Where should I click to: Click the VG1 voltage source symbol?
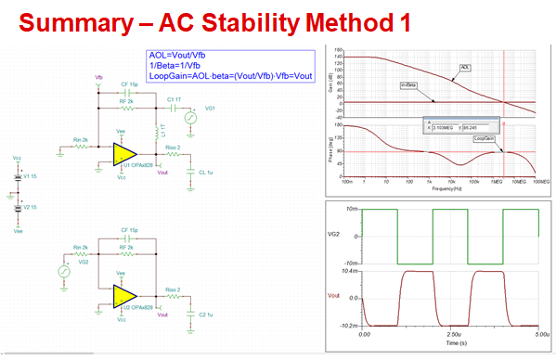[189, 119]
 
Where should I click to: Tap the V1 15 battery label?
[29, 175]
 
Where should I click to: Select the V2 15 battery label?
[29, 208]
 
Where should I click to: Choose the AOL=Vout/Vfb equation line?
[178, 57]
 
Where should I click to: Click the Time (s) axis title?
[448, 341]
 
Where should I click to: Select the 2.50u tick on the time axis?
[452, 332]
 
